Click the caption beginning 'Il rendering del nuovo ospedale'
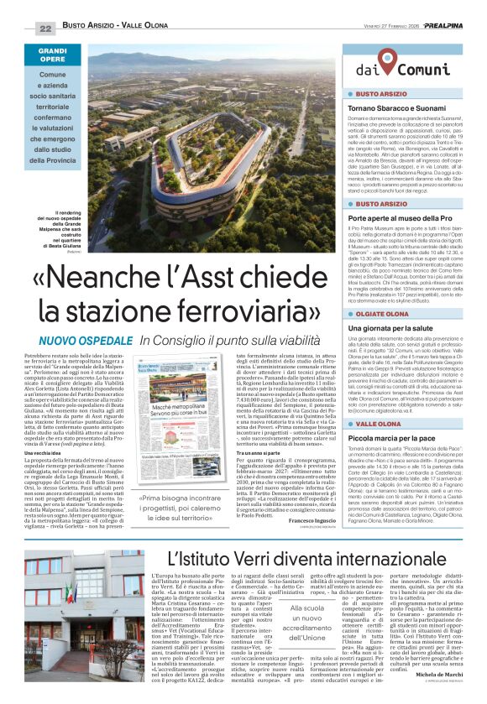[60, 237]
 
